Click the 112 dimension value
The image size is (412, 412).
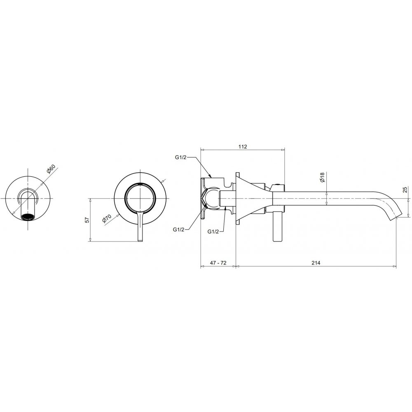coord(243,146)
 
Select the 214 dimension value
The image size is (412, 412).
coord(316,262)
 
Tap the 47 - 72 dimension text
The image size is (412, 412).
coord(218,262)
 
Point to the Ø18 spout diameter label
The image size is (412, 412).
coord(323,177)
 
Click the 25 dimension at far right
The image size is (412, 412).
coord(405,190)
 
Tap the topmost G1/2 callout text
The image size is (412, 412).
coord(181,158)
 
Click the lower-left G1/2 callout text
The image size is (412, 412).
coord(178,229)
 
